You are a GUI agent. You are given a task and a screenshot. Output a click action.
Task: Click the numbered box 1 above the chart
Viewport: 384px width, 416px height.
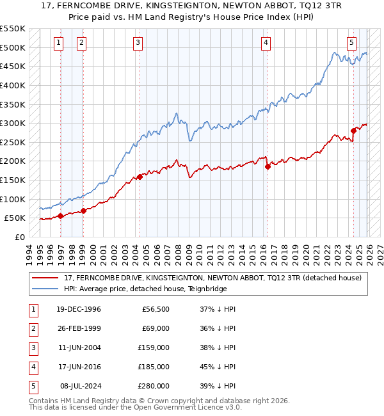tap(58, 43)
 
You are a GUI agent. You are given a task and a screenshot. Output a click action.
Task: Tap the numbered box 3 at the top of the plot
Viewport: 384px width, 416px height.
tap(138, 43)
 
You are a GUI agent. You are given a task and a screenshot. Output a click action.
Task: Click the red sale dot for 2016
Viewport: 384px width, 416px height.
tap(268, 166)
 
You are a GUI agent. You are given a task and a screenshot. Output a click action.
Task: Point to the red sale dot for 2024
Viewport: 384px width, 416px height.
tap(353, 131)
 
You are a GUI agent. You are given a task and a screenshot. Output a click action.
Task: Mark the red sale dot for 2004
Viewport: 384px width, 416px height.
tap(140, 177)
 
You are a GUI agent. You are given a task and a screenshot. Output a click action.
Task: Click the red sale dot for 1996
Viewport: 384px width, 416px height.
tap(61, 216)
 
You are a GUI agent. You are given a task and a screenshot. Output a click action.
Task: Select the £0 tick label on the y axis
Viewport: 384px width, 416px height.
tap(19, 237)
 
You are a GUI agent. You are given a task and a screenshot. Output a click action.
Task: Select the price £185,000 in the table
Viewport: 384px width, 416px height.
tap(154, 367)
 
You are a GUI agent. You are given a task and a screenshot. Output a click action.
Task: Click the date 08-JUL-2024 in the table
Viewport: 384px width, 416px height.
tap(79, 386)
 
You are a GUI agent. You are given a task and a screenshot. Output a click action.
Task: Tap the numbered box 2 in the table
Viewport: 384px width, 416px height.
tap(31, 328)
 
